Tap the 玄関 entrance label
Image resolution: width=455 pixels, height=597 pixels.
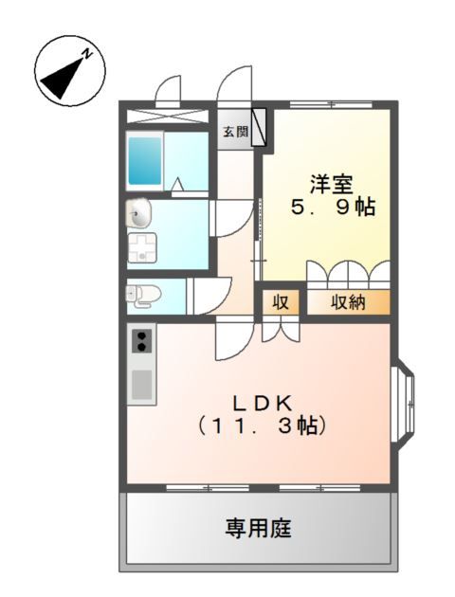point(235,132)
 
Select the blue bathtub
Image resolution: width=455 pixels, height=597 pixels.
point(147,160)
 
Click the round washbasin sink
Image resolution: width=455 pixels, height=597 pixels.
point(138,214)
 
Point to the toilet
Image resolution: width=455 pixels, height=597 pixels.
point(141,295)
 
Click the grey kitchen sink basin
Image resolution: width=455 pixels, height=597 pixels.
point(141,384)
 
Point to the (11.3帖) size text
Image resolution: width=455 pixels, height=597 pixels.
point(263,425)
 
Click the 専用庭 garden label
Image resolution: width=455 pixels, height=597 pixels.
point(256,527)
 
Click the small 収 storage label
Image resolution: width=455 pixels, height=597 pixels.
point(281,302)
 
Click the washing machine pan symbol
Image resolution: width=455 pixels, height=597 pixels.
point(143,248)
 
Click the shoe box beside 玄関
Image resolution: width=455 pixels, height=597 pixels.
point(260,130)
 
